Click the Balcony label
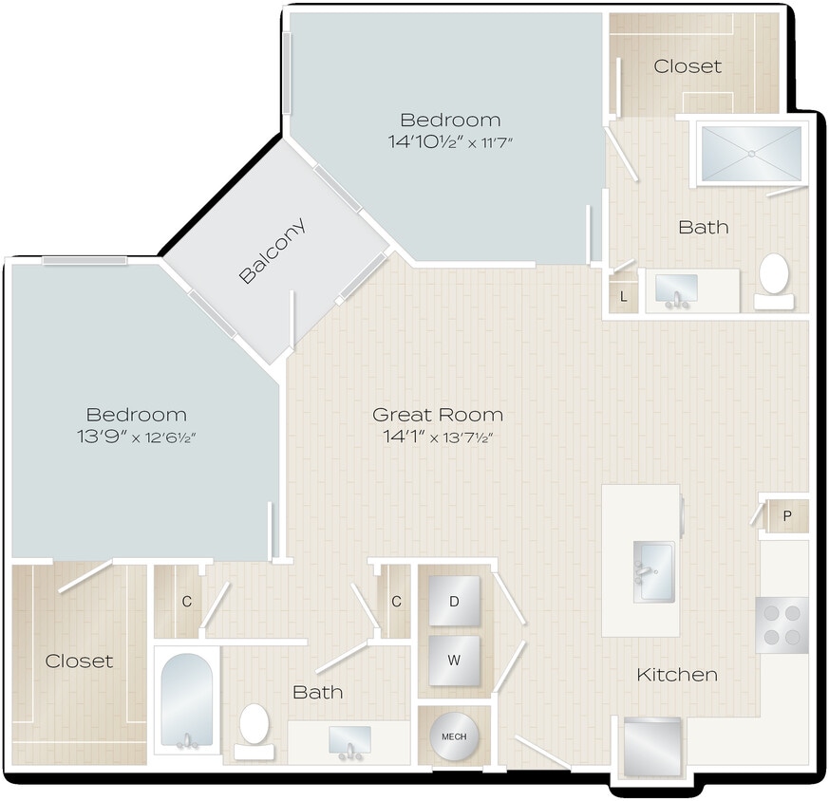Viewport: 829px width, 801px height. [x=273, y=251]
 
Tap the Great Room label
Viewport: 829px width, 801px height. [x=437, y=415]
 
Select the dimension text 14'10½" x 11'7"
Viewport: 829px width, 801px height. [x=450, y=142]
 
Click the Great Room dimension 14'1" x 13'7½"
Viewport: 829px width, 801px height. [x=437, y=438]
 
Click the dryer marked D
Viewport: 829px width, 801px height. [x=454, y=601]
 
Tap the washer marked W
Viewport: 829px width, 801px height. [x=454, y=660]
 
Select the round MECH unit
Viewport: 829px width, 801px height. [x=454, y=736]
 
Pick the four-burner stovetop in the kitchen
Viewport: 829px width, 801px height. [x=782, y=624]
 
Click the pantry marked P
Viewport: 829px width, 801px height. [x=787, y=516]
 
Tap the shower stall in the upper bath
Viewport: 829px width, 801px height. [x=750, y=152]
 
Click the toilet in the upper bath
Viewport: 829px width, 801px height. [x=774, y=278]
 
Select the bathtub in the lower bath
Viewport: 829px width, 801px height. [x=186, y=702]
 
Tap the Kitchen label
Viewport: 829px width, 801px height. [x=676, y=675]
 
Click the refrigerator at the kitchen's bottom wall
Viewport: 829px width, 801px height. [x=652, y=747]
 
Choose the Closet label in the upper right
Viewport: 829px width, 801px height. [x=688, y=66]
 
